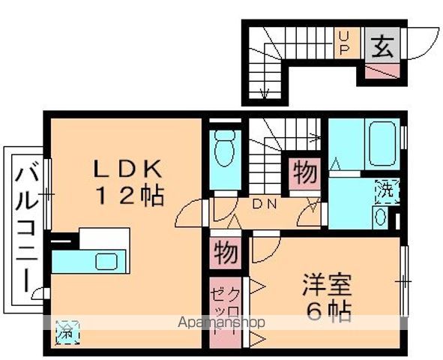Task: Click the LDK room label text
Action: click(127, 169)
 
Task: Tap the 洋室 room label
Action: click(327, 285)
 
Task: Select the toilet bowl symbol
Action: click(225, 148)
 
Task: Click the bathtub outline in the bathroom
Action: click(382, 143)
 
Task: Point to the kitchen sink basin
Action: click(106, 262)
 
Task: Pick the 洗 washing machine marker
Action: click(388, 191)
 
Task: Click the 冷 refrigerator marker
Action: click(67, 332)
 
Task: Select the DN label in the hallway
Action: click(264, 204)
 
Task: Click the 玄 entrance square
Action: click(382, 45)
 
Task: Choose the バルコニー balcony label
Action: click(26, 229)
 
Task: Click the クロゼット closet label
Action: click(226, 310)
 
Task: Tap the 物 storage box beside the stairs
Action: click(305, 174)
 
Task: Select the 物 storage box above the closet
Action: click(226, 253)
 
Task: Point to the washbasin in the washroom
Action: click(380, 217)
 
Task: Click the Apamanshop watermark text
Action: click(221, 322)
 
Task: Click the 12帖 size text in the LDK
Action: click(130, 195)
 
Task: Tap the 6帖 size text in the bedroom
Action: click(329, 312)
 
